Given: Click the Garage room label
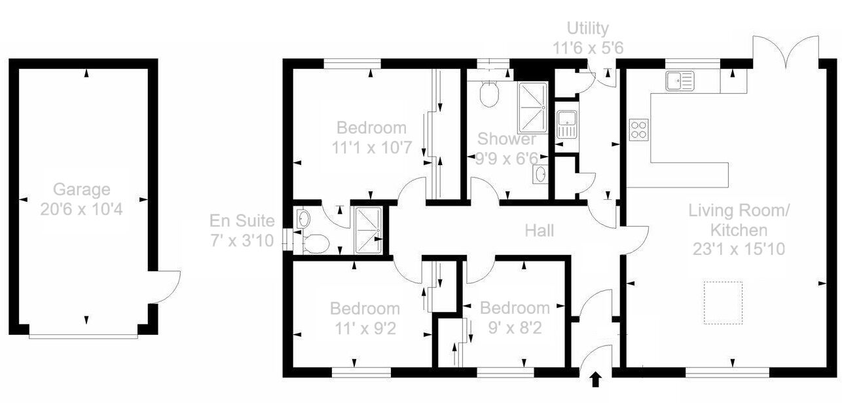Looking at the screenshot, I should click(82, 190).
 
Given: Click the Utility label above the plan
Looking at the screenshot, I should click(587, 28).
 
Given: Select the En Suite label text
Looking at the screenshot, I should click(242, 220).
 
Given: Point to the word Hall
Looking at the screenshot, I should click(540, 231).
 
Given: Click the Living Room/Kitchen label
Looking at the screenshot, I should click(739, 220).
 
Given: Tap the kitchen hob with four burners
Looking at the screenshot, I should click(639, 129).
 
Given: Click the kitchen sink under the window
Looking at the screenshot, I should click(680, 81).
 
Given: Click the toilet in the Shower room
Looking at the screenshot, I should click(489, 94).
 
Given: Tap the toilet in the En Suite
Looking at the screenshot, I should click(316, 244).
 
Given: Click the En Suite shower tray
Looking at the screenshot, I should click(367, 229).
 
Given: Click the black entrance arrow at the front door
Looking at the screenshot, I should click(596, 379).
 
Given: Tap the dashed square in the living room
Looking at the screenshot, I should click(723, 302).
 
